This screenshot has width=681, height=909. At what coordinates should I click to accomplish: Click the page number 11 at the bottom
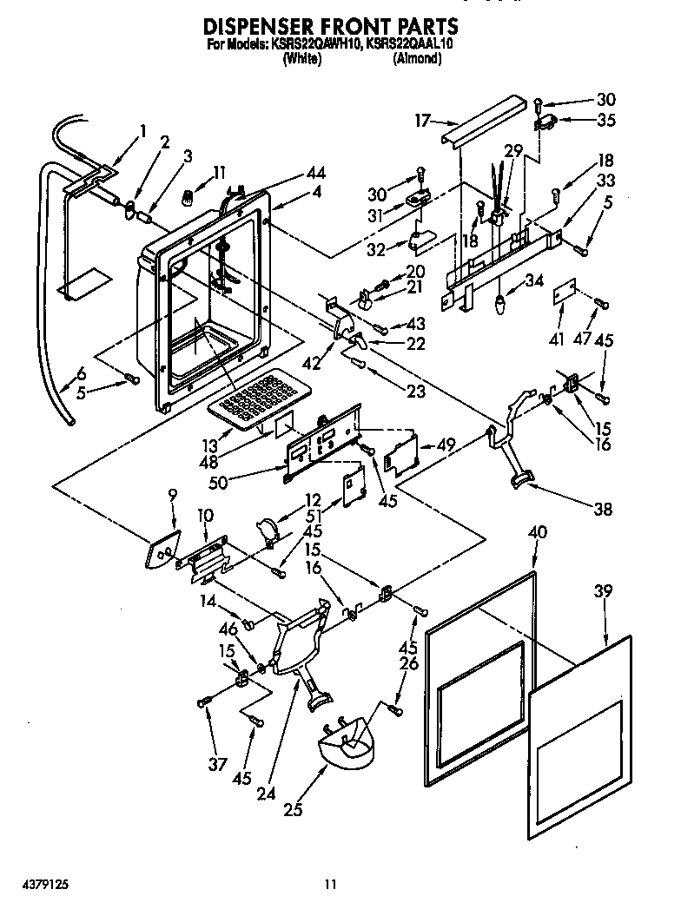[330, 885]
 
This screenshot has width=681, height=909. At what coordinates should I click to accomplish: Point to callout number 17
[422, 122]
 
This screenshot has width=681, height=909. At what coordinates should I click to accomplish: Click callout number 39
[603, 590]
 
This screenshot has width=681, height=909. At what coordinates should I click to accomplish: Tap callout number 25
[293, 811]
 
